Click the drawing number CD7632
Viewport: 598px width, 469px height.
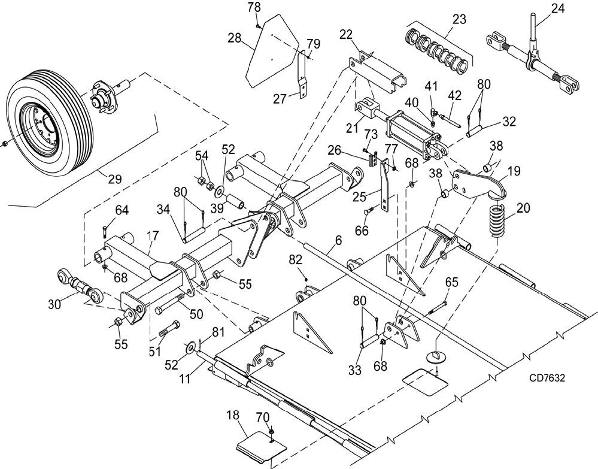[547, 378]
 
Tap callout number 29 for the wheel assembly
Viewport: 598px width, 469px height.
[115, 178]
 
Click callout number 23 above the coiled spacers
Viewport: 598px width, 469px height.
[459, 19]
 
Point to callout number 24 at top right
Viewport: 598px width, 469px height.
[558, 8]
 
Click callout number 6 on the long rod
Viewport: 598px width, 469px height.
[338, 240]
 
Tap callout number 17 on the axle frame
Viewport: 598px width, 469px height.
[152, 235]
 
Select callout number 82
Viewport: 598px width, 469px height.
[296, 260]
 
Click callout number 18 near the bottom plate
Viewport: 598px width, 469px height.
[233, 416]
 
